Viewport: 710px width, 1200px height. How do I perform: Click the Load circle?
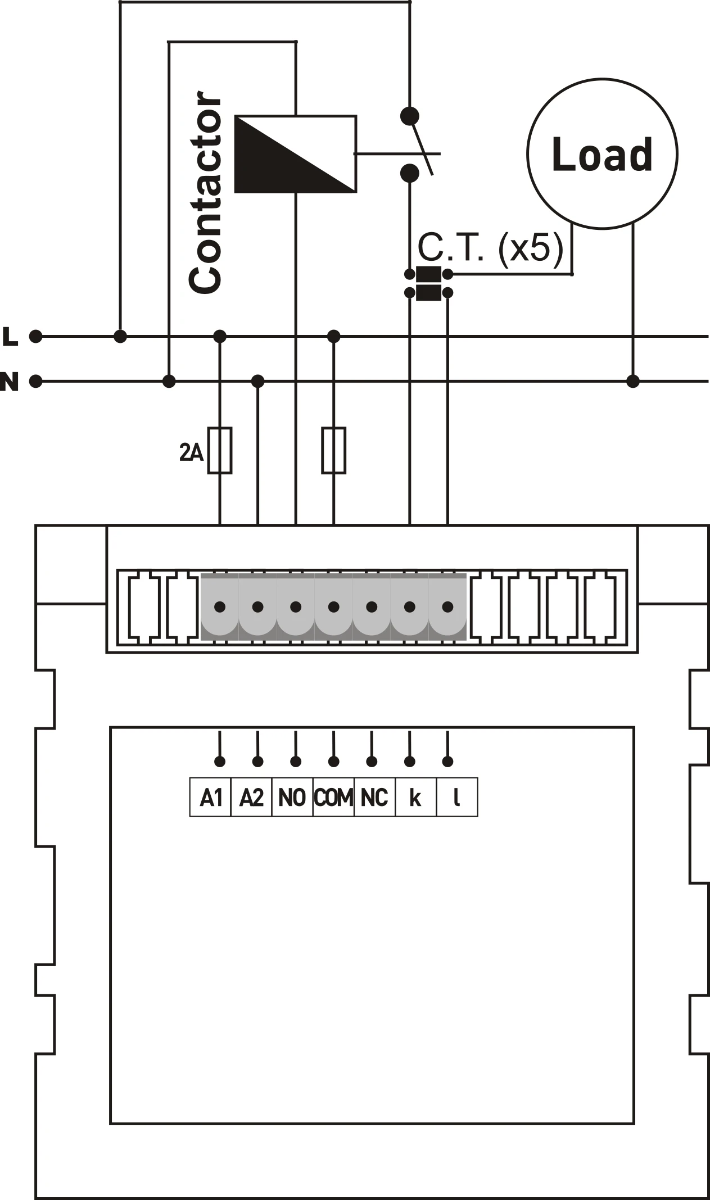602,153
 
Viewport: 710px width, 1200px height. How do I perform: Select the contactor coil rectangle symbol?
295,154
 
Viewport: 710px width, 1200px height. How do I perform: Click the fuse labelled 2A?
220,450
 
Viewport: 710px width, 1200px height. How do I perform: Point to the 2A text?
191,452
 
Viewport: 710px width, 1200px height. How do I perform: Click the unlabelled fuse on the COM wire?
334,450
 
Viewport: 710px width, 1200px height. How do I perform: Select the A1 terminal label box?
211,797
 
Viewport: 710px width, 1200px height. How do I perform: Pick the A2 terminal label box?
251,797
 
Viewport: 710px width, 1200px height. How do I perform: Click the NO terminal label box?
292,797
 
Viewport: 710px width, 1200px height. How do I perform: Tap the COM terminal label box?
333,797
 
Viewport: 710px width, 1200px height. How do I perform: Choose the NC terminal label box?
374,797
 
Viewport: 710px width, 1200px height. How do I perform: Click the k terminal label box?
415,797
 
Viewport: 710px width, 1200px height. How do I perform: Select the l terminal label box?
456,797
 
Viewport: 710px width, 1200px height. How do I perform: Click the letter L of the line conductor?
11,337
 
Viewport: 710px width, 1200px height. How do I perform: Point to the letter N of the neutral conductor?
10,382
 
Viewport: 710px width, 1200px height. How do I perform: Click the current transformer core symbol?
428,283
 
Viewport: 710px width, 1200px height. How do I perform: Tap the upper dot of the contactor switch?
410,116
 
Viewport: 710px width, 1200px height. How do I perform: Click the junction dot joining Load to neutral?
633,382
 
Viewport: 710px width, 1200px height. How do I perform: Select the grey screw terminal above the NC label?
372,606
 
